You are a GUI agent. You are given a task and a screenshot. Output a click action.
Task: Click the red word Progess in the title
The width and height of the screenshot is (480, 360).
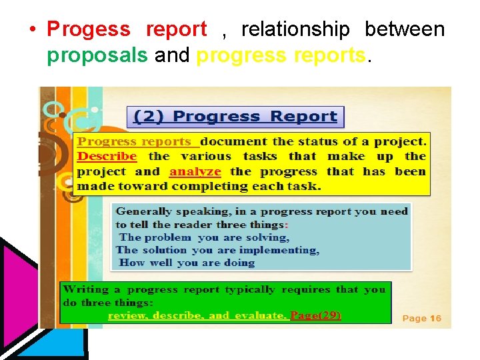89,29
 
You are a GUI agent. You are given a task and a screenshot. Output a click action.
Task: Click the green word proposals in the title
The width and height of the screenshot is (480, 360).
97,55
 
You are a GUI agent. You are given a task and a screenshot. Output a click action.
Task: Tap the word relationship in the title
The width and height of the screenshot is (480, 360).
295,29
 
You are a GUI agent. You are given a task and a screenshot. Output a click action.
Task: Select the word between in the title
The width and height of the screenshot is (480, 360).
404,29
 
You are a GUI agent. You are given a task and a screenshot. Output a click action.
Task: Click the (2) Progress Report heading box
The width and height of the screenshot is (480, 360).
235,117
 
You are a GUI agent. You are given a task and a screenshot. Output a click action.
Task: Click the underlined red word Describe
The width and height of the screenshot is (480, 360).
107,157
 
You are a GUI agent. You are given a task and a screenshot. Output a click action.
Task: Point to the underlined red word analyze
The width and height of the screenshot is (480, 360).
195,171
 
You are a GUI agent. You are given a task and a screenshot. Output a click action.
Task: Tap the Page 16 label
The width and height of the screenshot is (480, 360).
421,319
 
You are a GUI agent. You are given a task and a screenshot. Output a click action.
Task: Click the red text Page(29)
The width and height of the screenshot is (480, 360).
316,315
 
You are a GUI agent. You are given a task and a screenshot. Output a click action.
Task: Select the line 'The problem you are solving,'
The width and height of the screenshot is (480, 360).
204,237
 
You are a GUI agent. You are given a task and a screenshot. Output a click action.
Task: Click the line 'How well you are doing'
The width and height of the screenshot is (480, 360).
187,263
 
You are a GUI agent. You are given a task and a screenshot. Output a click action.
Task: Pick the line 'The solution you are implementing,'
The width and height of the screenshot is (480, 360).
217,250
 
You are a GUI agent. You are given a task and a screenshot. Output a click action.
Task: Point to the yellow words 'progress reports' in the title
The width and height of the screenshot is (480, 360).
281,55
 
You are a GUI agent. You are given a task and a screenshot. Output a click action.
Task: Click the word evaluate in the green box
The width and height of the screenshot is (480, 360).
268,315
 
